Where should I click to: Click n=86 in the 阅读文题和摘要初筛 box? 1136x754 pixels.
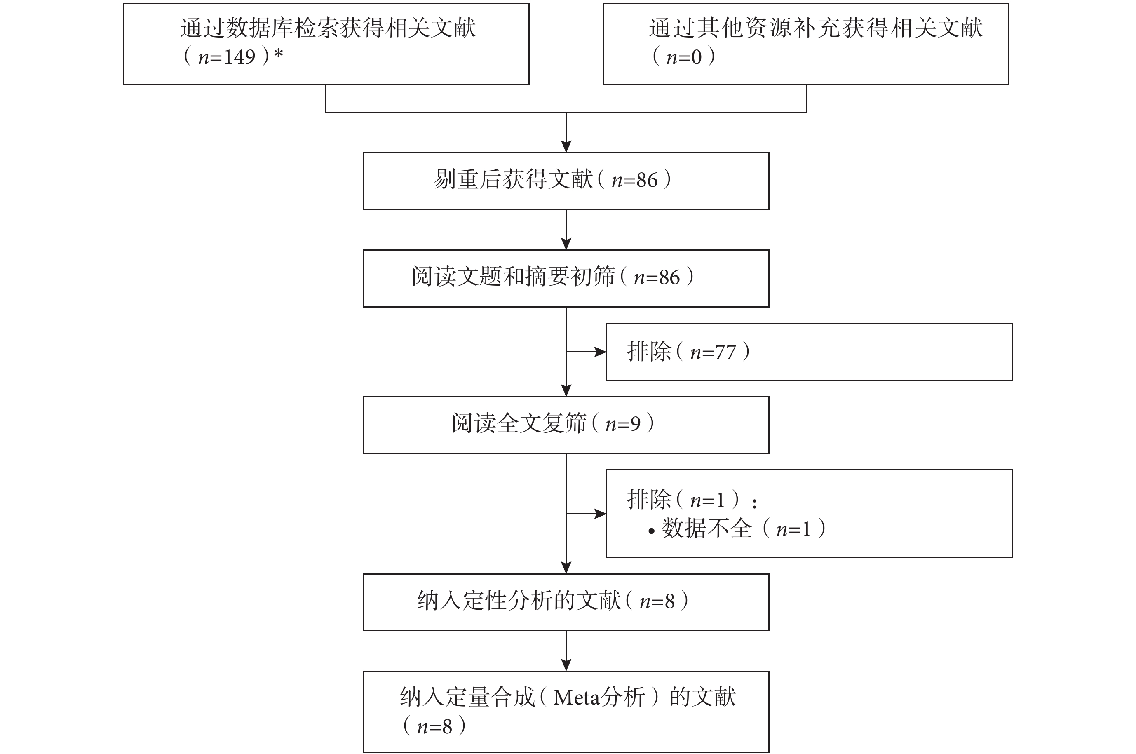point(657,277)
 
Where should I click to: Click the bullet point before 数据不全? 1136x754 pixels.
point(651,531)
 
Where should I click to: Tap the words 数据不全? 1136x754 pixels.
point(706,529)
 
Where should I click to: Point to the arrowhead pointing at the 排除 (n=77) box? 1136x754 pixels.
point(601,352)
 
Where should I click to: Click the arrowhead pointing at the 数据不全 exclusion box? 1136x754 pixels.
point(601,514)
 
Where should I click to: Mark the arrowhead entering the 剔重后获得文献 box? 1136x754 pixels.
point(566,147)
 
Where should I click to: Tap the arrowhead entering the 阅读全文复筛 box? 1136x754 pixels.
point(566,390)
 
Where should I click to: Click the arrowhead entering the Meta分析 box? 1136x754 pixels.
point(566,665)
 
